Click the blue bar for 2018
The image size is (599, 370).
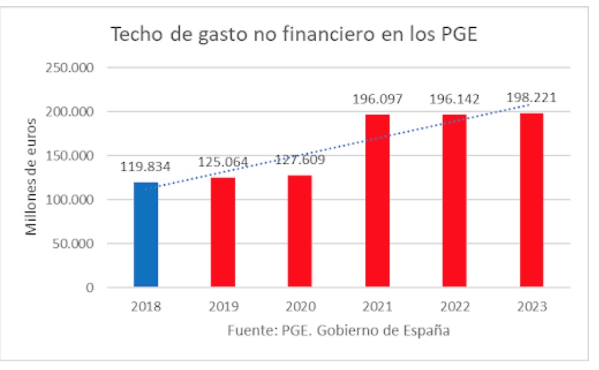coord(145,234)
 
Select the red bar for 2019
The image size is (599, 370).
coord(223,232)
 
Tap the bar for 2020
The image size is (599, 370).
coord(299,231)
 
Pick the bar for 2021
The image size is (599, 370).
coord(377,200)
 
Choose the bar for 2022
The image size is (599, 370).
coord(454,200)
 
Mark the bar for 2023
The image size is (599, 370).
coord(531,200)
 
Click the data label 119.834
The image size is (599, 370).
coord(145,166)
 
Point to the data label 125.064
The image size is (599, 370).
coord(223,162)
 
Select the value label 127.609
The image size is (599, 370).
coord(300,160)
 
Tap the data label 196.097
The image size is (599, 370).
coord(377,99)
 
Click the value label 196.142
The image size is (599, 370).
coord(454,99)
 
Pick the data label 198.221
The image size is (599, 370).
coord(531,97)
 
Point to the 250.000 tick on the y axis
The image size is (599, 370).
coord(70,68)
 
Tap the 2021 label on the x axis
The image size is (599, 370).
coord(377,307)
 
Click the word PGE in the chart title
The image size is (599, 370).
coord(458,35)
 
